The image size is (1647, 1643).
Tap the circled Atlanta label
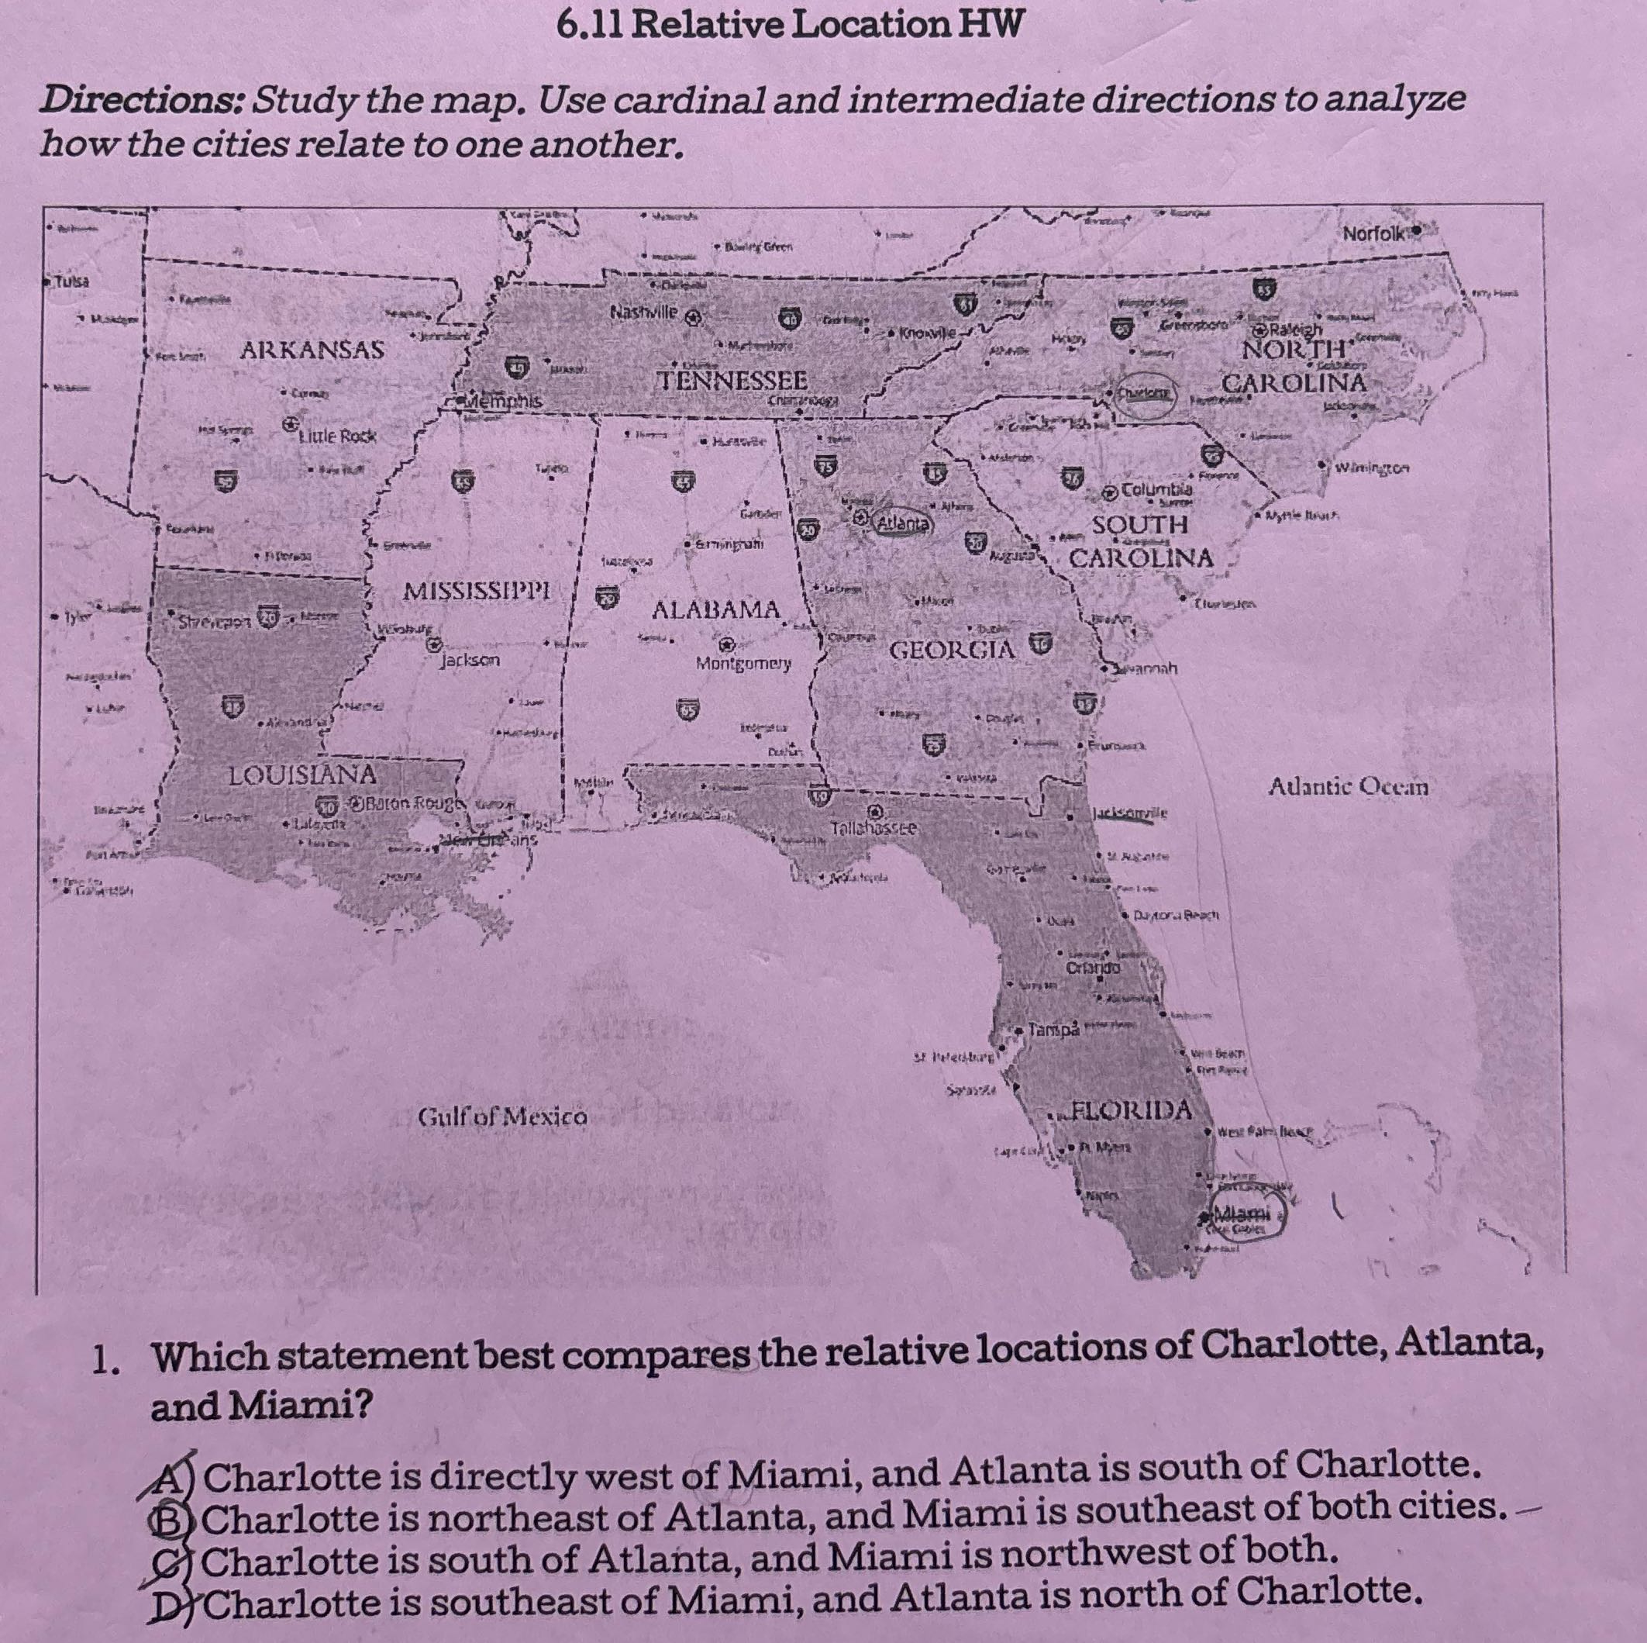point(904,523)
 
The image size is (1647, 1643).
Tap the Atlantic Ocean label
point(1347,786)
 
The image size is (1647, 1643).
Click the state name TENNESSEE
point(733,379)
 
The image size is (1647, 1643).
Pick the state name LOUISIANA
point(301,775)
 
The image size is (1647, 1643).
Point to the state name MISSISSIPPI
point(477,590)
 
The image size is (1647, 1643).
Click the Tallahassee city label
point(873,828)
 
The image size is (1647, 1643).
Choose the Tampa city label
point(1053,1029)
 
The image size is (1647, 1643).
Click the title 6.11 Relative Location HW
point(787,25)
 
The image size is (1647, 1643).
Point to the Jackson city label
point(470,660)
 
